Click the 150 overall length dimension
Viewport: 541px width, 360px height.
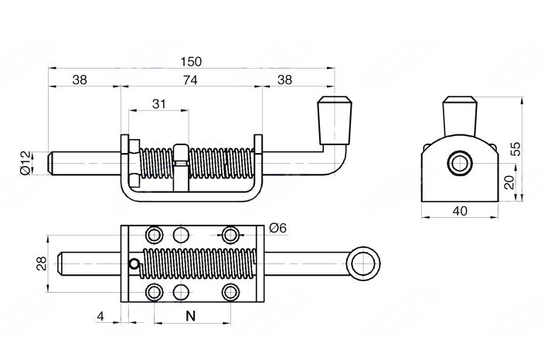tap(191, 62)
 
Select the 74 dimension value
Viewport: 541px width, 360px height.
tap(190, 80)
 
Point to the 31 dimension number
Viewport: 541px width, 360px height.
tap(158, 104)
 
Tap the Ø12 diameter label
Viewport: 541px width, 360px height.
tap(26, 163)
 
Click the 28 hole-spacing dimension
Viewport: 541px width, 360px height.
tap(42, 263)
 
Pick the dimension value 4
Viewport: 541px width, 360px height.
tap(100, 316)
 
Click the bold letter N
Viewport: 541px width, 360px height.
tap(190, 316)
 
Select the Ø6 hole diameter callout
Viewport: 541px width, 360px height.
tap(277, 228)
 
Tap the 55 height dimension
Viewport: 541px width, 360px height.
tap(516, 148)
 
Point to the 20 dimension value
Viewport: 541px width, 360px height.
tap(509, 182)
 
